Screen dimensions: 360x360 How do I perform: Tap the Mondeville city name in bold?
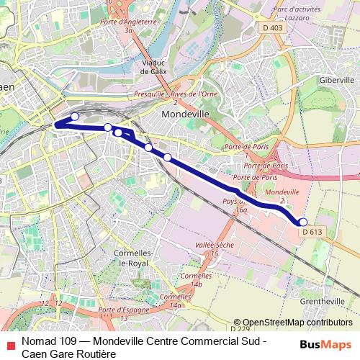[x=185, y=114]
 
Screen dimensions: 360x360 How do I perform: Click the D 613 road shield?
[x=312, y=232]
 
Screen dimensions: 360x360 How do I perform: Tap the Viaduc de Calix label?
[x=155, y=67]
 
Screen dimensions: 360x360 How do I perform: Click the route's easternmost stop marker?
[x=303, y=222]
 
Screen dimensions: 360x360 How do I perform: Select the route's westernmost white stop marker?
[x=74, y=117]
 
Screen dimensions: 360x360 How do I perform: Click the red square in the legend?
[x=9, y=344]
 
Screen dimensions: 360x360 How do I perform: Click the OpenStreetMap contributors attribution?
[x=297, y=323]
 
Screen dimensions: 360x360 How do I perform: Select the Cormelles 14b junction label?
[x=197, y=279]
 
